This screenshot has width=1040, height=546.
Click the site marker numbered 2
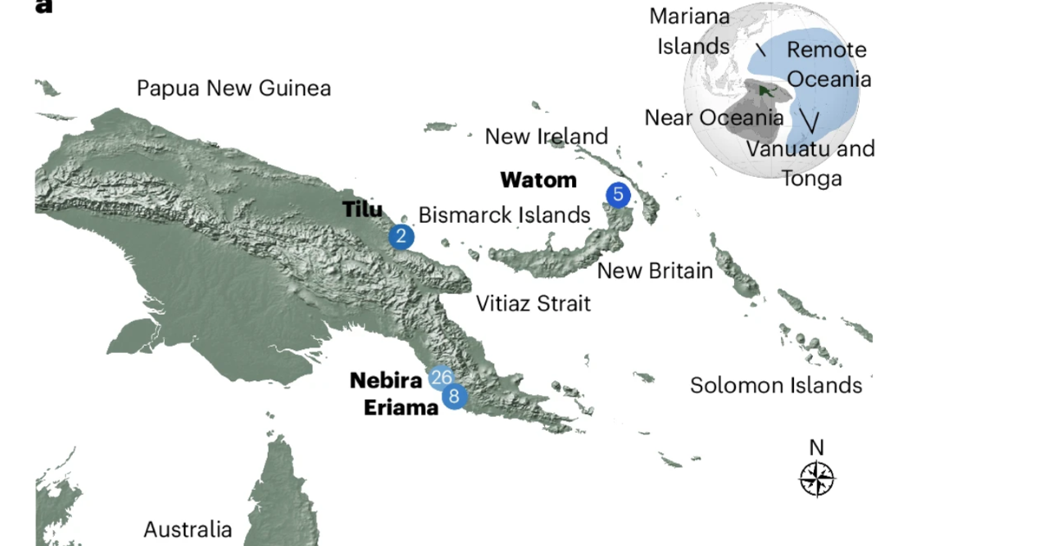[x=400, y=236]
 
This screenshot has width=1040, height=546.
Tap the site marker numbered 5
[x=617, y=194]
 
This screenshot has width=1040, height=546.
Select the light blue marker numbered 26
[x=440, y=378]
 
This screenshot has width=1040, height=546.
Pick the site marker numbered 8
[x=454, y=397]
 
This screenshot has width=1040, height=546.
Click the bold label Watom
[x=538, y=180]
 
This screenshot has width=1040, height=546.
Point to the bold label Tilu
[x=362, y=209]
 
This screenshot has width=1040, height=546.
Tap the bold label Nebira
[x=387, y=380]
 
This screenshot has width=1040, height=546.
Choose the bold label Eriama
[x=401, y=406]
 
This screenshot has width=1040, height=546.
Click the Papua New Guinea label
[x=234, y=88]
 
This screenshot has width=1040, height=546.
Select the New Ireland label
[x=546, y=136]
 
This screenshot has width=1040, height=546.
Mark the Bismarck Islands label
[x=504, y=215]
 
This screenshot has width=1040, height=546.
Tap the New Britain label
[x=655, y=270]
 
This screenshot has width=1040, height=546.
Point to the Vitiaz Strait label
[x=533, y=303]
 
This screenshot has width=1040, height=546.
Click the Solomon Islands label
[x=776, y=385]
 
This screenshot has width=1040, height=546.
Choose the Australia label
[x=188, y=529]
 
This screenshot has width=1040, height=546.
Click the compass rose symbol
[x=816, y=478]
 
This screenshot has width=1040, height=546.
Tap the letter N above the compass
[x=816, y=447]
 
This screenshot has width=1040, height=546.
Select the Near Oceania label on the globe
[x=713, y=117]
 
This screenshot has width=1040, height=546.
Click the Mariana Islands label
[x=692, y=31]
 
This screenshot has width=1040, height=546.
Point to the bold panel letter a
[x=44, y=7]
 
